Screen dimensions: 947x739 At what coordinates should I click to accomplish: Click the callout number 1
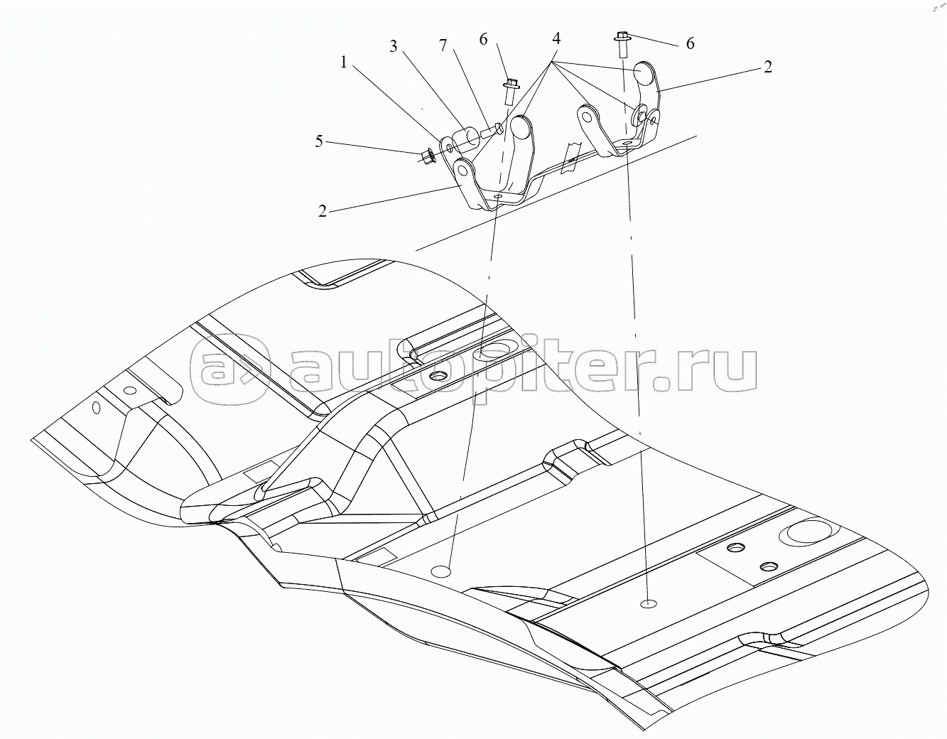click(x=344, y=63)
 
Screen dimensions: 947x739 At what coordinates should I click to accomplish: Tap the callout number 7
click(x=443, y=45)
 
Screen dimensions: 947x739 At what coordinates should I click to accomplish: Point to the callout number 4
click(x=556, y=39)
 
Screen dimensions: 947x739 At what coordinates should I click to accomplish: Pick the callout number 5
click(x=320, y=141)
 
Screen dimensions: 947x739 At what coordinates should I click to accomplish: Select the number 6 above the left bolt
click(x=483, y=40)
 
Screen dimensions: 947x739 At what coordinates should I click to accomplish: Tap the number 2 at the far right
click(x=767, y=67)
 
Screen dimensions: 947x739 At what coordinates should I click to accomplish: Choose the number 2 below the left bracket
click(x=322, y=211)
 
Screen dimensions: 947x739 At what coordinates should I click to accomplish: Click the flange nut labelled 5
click(x=427, y=155)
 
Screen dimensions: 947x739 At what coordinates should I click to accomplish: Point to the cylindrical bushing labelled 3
click(x=464, y=137)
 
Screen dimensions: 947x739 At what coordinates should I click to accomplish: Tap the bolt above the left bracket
click(x=510, y=91)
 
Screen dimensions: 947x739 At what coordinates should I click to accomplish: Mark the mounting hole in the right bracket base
click(x=626, y=143)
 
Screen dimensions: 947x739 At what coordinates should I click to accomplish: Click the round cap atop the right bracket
click(x=646, y=72)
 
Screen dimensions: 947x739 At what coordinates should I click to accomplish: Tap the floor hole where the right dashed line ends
click(x=649, y=603)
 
